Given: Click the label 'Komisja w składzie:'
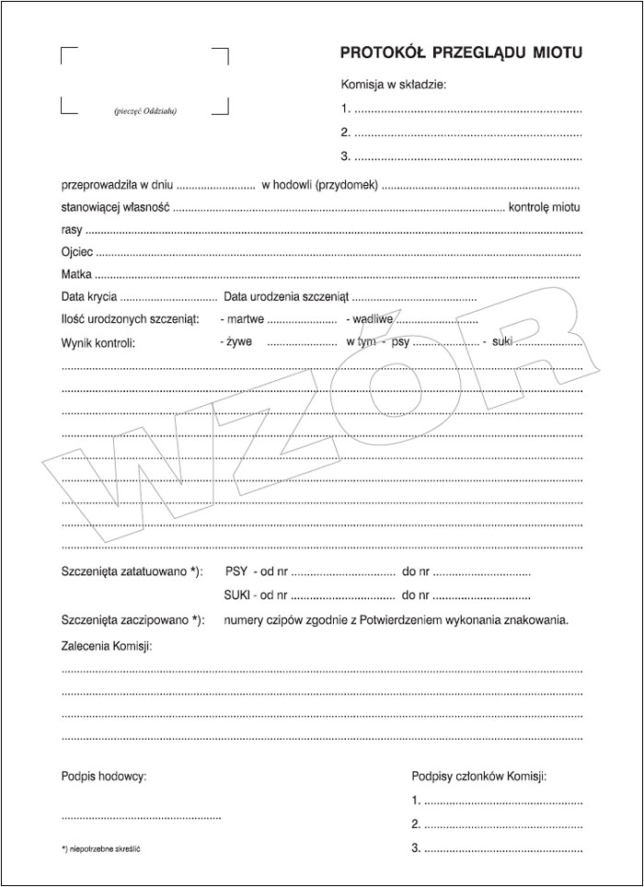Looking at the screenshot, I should pyautogui.click(x=394, y=85).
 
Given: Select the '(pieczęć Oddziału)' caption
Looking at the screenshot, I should pyautogui.click(x=145, y=112).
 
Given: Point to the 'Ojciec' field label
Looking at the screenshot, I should pyautogui.click(x=76, y=251).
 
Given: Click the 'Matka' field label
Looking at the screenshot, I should pyautogui.click(x=76, y=274).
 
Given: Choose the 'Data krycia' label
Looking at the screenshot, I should pyautogui.click(x=89, y=297).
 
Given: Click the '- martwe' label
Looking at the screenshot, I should pyautogui.click(x=243, y=319).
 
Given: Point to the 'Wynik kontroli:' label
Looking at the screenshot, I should pyautogui.click(x=98, y=342).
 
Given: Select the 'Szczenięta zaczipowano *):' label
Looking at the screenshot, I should pyautogui.click(x=132, y=619).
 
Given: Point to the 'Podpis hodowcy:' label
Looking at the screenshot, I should pyautogui.click(x=104, y=777).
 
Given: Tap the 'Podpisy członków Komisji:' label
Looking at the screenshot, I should pyautogui.click(x=479, y=777).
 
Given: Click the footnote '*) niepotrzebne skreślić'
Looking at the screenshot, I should pyautogui.click(x=100, y=847).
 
